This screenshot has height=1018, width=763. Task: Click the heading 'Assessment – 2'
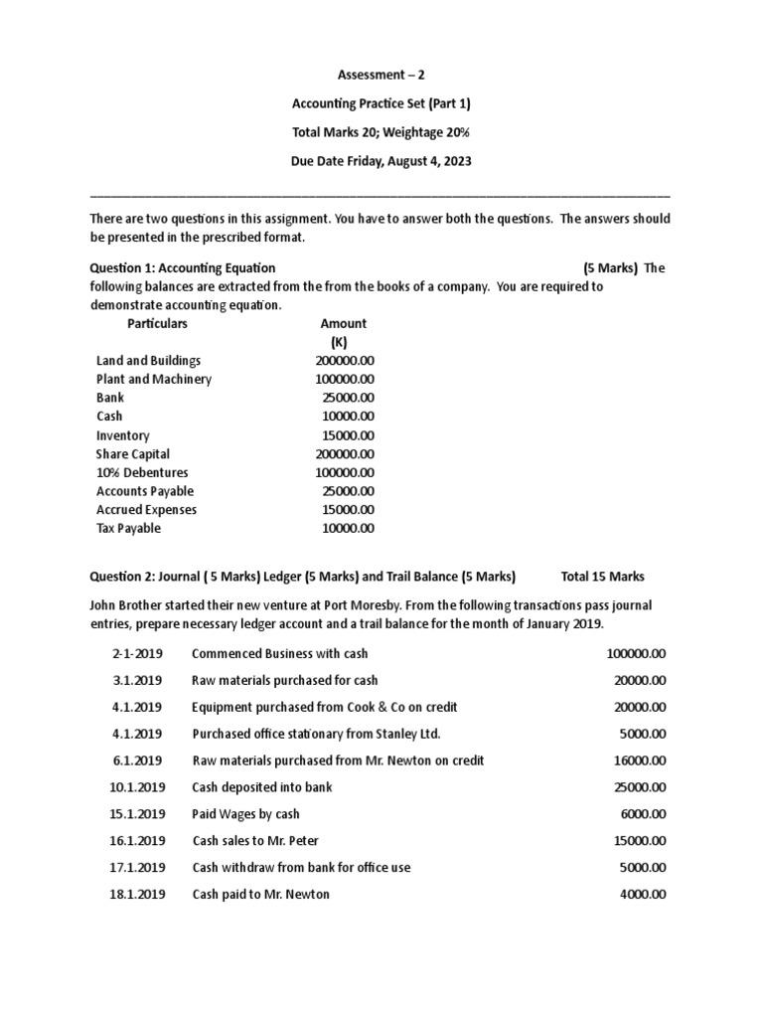(x=381, y=74)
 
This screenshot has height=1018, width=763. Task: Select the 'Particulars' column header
(x=157, y=323)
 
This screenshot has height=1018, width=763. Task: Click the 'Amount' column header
(x=343, y=323)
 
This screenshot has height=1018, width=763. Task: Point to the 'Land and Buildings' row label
(x=148, y=361)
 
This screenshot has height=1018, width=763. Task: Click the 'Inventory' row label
(x=123, y=435)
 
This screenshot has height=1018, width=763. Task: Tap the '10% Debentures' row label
(x=142, y=473)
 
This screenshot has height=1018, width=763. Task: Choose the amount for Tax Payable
(x=348, y=529)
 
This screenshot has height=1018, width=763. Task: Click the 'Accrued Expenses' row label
(x=147, y=510)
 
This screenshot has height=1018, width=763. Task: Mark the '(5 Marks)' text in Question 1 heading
(x=610, y=267)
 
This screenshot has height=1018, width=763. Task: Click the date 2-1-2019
(x=136, y=653)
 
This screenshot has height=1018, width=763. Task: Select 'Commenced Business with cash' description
(x=279, y=653)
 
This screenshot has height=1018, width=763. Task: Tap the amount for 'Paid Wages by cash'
(x=642, y=814)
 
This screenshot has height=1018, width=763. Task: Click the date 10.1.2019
(x=136, y=787)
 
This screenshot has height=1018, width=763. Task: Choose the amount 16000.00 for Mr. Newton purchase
(x=639, y=761)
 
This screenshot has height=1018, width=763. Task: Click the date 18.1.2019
(x=136, y=895)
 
